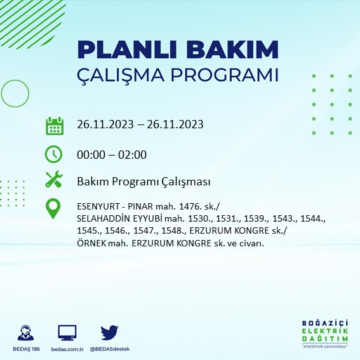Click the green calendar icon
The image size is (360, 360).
[x=54, y=125]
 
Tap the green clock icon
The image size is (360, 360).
[x=54, y=154]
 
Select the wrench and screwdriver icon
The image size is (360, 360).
[x=54, y=180]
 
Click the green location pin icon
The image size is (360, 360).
[x=54, y=209]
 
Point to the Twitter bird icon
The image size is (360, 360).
[x=110, y=333]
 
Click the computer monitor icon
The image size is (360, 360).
[x=67, y=333]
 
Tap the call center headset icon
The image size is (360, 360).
[x=26, y=333]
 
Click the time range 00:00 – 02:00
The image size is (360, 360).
[x=112, y=154]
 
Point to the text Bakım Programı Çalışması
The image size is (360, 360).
[x=143, y=182]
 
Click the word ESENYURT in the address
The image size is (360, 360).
[x=98, y=206]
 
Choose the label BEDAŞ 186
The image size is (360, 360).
[x=26, y=350]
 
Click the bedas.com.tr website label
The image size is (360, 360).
[x=67, y=350]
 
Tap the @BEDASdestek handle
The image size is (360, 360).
[x=110, y=350]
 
